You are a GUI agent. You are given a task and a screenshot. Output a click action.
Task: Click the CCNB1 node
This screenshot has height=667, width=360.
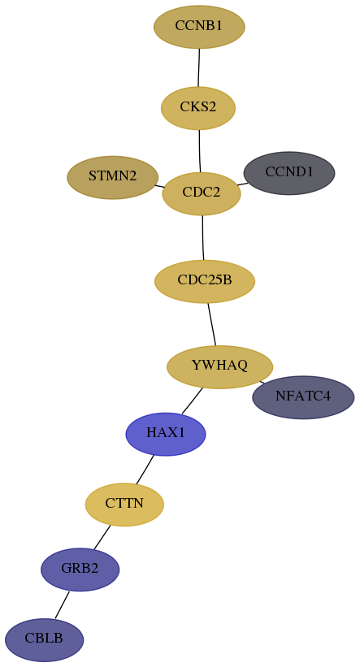coord(199,27)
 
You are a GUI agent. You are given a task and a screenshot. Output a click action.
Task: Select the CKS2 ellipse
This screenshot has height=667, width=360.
coord(198,108)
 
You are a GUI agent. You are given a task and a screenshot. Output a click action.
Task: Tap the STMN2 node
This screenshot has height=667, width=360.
coord(113,177)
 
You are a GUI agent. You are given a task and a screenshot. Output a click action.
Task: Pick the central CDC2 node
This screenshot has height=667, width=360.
coord(202,193)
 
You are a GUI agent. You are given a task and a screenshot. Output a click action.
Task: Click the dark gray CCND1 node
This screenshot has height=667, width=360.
coord(289,173)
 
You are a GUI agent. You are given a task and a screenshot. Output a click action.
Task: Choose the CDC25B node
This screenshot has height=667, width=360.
coord(205,282)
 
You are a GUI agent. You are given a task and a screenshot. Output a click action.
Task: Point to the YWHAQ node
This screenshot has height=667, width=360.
coord(219,366)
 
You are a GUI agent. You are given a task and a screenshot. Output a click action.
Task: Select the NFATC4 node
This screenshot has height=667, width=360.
coord(303,397)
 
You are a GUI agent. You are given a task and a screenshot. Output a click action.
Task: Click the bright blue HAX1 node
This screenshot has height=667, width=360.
coord(166,434)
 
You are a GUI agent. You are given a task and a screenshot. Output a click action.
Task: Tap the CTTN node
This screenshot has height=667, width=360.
coord(124,505)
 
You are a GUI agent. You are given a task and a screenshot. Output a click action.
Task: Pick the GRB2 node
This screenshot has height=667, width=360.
coord(80,570)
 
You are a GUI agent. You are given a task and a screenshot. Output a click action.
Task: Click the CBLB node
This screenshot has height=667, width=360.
coord(44,639)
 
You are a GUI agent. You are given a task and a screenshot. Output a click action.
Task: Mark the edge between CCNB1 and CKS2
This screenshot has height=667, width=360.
coord(199,67)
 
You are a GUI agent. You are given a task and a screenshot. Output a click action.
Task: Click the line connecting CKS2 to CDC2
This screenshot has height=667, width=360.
coord(200,151)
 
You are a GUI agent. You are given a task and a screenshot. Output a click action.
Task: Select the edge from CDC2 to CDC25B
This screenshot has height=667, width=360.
coord(203,238)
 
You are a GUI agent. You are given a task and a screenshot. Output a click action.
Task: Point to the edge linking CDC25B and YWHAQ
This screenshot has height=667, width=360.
coord(212,324)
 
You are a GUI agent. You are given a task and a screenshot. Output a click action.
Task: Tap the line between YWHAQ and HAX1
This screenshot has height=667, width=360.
coord(192,401)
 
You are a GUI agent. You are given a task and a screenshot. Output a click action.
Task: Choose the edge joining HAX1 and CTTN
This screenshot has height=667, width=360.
coord(145,470)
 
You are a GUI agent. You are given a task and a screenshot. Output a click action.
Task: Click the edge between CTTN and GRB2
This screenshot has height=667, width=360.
coord(102,537)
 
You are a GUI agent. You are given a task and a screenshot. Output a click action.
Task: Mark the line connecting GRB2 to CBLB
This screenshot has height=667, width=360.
coord(62,604)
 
